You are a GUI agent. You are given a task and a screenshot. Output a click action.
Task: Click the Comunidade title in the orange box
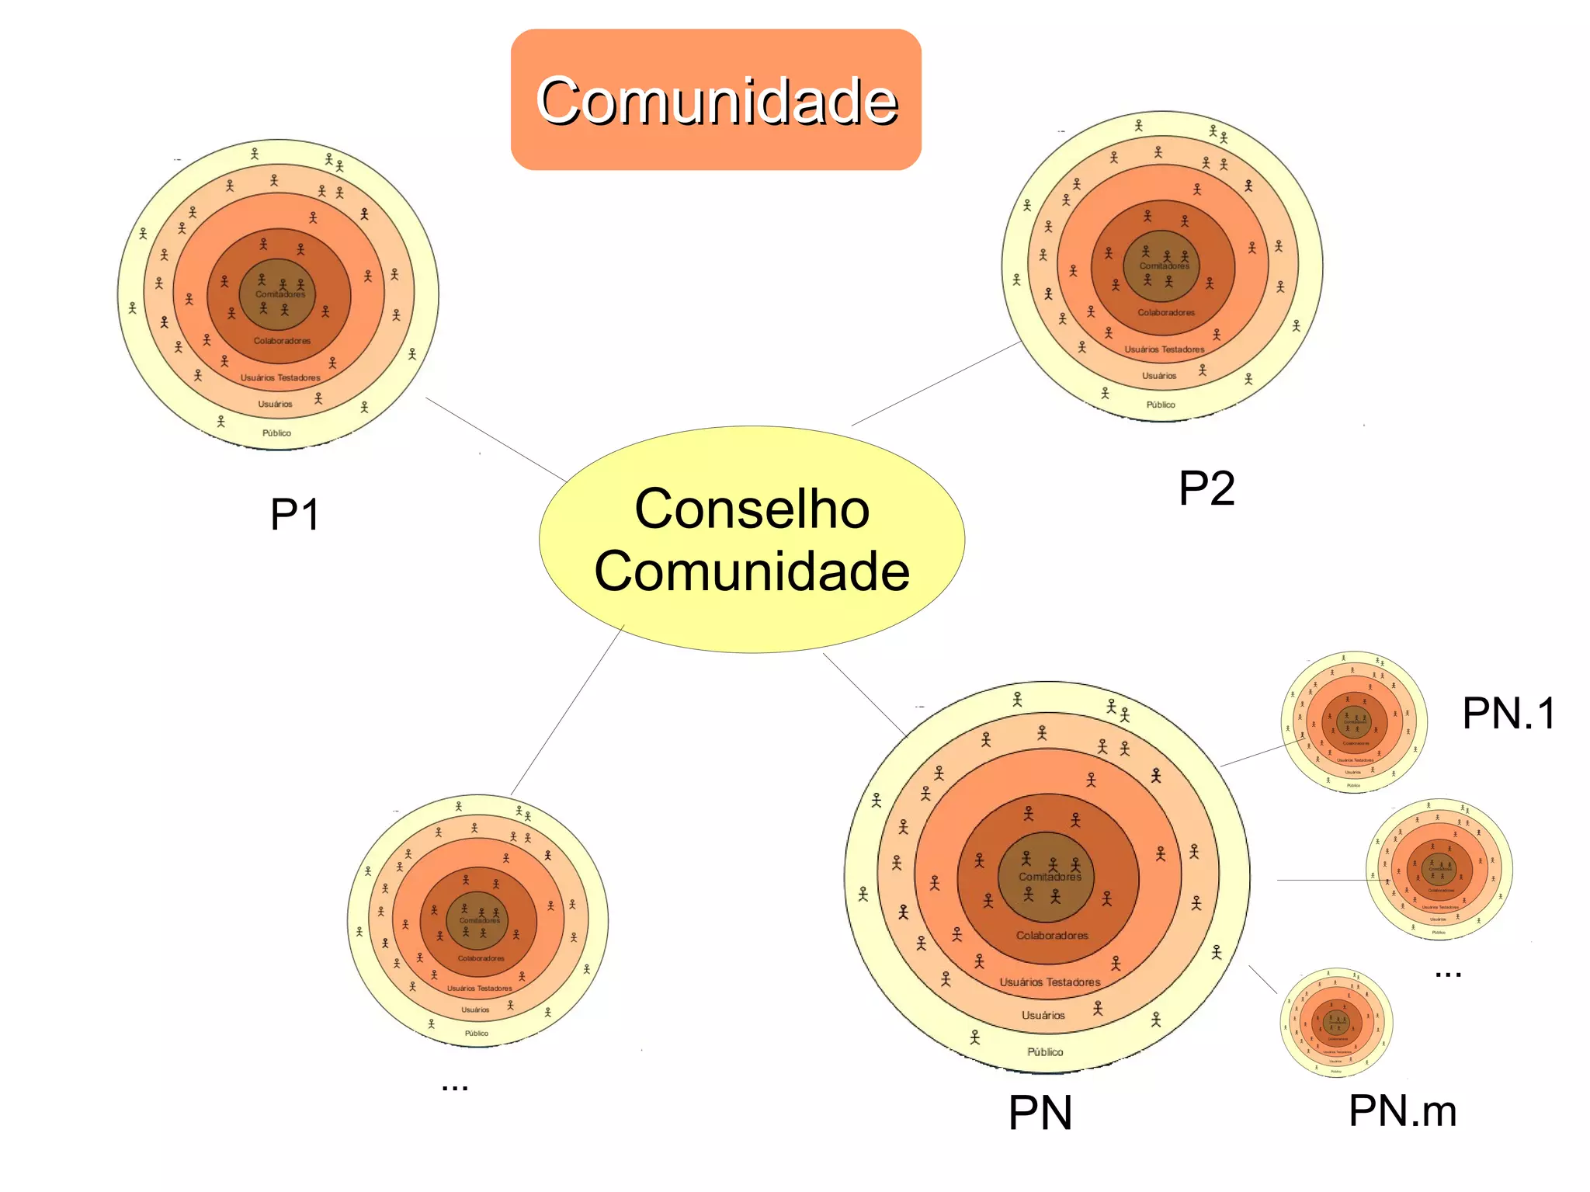[x=716, y=100]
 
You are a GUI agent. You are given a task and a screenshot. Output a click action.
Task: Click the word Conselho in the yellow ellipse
[x=752, y=509]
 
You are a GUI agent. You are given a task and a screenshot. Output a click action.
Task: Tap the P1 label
[x=294, y=514]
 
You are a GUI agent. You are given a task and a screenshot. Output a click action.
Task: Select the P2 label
[x=1206, y=488]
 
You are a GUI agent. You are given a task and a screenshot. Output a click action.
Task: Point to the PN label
[x=1040, y=1113]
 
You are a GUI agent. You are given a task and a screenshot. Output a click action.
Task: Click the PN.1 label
[x=1508, y=713]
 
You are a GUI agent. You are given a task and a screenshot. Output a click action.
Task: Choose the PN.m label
[x=1402, y=1110]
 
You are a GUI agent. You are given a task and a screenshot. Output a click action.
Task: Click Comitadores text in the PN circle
[x=1050, y=877]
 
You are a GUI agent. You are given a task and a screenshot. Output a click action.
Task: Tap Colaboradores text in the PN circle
[x=1052, y=936]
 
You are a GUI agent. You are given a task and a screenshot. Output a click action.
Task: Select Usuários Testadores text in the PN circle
[x=1050, y=982]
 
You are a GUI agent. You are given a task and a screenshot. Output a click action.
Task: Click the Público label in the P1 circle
[x=276, y=433]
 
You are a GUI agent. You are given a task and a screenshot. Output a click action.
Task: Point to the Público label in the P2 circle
[x=1161, y=405]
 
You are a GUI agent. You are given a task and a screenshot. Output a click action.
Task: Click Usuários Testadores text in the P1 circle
[x=280, y=378]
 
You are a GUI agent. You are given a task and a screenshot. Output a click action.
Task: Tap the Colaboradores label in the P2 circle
[x=1166, y=313]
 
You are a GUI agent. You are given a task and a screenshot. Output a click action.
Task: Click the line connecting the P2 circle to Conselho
[x=936, y=384]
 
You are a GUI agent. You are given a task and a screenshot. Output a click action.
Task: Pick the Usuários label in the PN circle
[x=1043, y=1016]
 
